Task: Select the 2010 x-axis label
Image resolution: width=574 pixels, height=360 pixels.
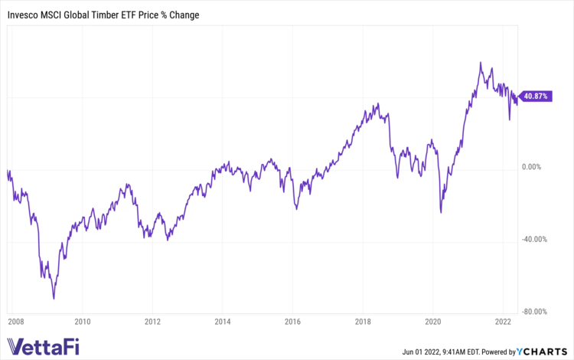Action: [x=83, y=322]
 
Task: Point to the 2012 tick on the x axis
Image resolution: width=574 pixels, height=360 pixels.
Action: [x=152, y=322]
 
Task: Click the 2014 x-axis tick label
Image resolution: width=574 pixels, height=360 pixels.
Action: [x=222, y=322]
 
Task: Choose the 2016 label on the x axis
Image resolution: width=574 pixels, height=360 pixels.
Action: [x=292, y=322]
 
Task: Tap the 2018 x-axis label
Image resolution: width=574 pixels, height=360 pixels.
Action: [x=362, y=322]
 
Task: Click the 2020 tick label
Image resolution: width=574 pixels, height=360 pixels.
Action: [x=432, y=322]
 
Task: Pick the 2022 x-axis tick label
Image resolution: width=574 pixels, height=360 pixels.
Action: [x=502, y=322]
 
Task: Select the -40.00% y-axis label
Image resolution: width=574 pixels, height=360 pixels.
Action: [x=536, y=239]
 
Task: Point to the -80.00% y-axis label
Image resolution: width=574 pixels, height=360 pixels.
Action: [x=536, y=312]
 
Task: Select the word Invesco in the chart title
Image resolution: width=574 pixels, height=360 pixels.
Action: [x=24, y=15]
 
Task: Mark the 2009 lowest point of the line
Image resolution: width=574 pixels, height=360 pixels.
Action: [x=54, y=298]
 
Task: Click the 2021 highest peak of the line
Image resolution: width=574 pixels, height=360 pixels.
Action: [x=480, y=63]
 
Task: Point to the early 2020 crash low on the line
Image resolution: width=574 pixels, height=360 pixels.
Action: [x=441, y=211]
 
